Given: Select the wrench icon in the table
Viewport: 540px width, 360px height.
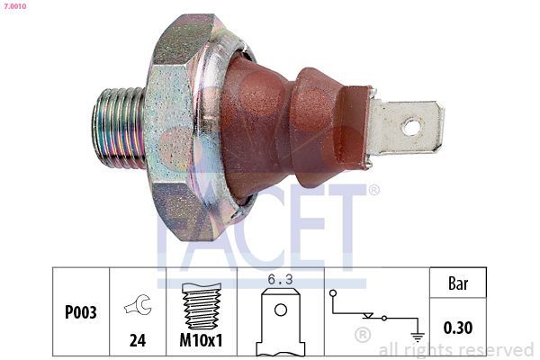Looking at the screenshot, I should [138, 305].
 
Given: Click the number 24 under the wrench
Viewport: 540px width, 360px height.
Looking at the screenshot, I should [138, 342].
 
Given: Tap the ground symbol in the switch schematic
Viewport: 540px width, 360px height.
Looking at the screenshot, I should [417, 336].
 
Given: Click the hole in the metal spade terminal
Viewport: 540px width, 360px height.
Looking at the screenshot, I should [410, 127].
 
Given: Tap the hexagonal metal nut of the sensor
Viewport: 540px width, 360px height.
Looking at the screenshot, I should [180, 126].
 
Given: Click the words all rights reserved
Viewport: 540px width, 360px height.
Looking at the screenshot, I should [456, 350].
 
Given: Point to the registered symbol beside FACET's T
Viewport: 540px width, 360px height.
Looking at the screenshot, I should [373, 190].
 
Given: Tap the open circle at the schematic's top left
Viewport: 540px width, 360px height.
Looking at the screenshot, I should [332, 293].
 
